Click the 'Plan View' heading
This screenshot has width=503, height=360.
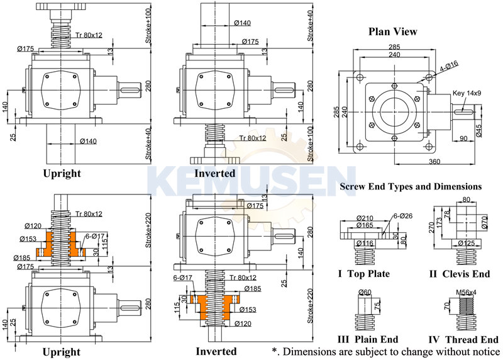tap(392, 31)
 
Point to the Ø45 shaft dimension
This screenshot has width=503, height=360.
tap(480, 131)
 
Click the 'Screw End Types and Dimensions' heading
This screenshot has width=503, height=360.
tap(411, 186)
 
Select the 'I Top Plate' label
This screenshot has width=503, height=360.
tap(364, 274)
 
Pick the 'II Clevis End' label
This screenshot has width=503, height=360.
tap(458, 274)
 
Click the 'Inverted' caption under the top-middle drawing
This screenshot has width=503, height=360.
tap(215, 172)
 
